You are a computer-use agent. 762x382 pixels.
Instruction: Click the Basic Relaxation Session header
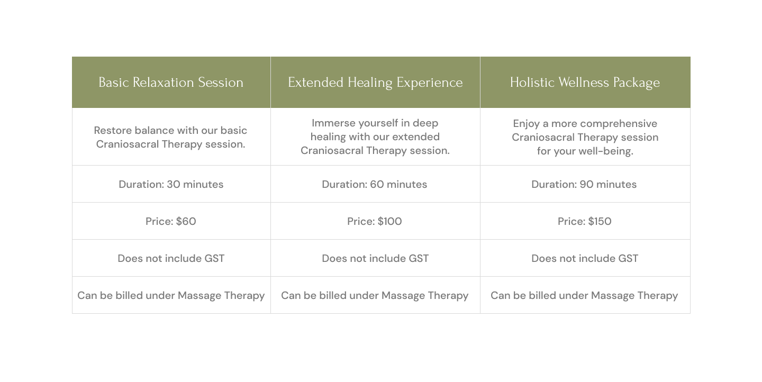[x=171, y=83]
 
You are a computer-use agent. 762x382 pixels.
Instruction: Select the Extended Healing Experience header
[x=375, y=83]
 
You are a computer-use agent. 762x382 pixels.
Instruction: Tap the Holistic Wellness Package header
[x=585, y=83]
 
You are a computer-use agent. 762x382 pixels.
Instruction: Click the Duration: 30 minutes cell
[x=171, y=184]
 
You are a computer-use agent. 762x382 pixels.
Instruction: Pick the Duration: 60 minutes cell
[x=375, y=184]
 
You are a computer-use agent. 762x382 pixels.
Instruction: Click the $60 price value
[x=186, y=221]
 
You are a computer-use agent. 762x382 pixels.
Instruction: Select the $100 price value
[x=390, y=221]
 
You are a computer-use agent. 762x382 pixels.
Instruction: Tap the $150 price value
[x=600, y=221]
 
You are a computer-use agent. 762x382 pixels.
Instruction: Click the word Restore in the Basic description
[x=113, y=130]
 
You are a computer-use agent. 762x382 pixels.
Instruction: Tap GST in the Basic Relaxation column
[x=214, y=258]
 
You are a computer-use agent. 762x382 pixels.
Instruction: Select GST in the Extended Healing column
[x=419, y=258]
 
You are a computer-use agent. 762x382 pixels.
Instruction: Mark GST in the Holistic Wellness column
[x=628, y=258]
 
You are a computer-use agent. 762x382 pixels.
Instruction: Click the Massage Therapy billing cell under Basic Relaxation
[x=171, y=295]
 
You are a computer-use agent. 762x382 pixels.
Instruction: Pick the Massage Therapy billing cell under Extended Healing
[x=375, y=295]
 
